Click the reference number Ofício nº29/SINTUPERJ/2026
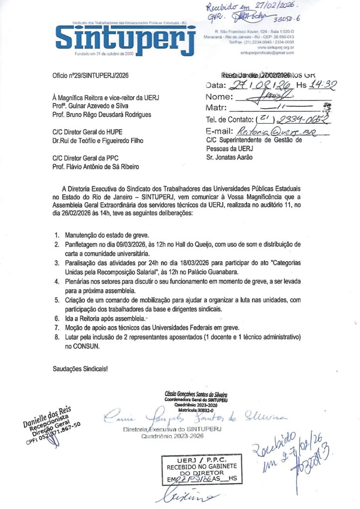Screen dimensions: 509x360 click(90, 76)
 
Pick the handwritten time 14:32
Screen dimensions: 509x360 click(323, 85)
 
